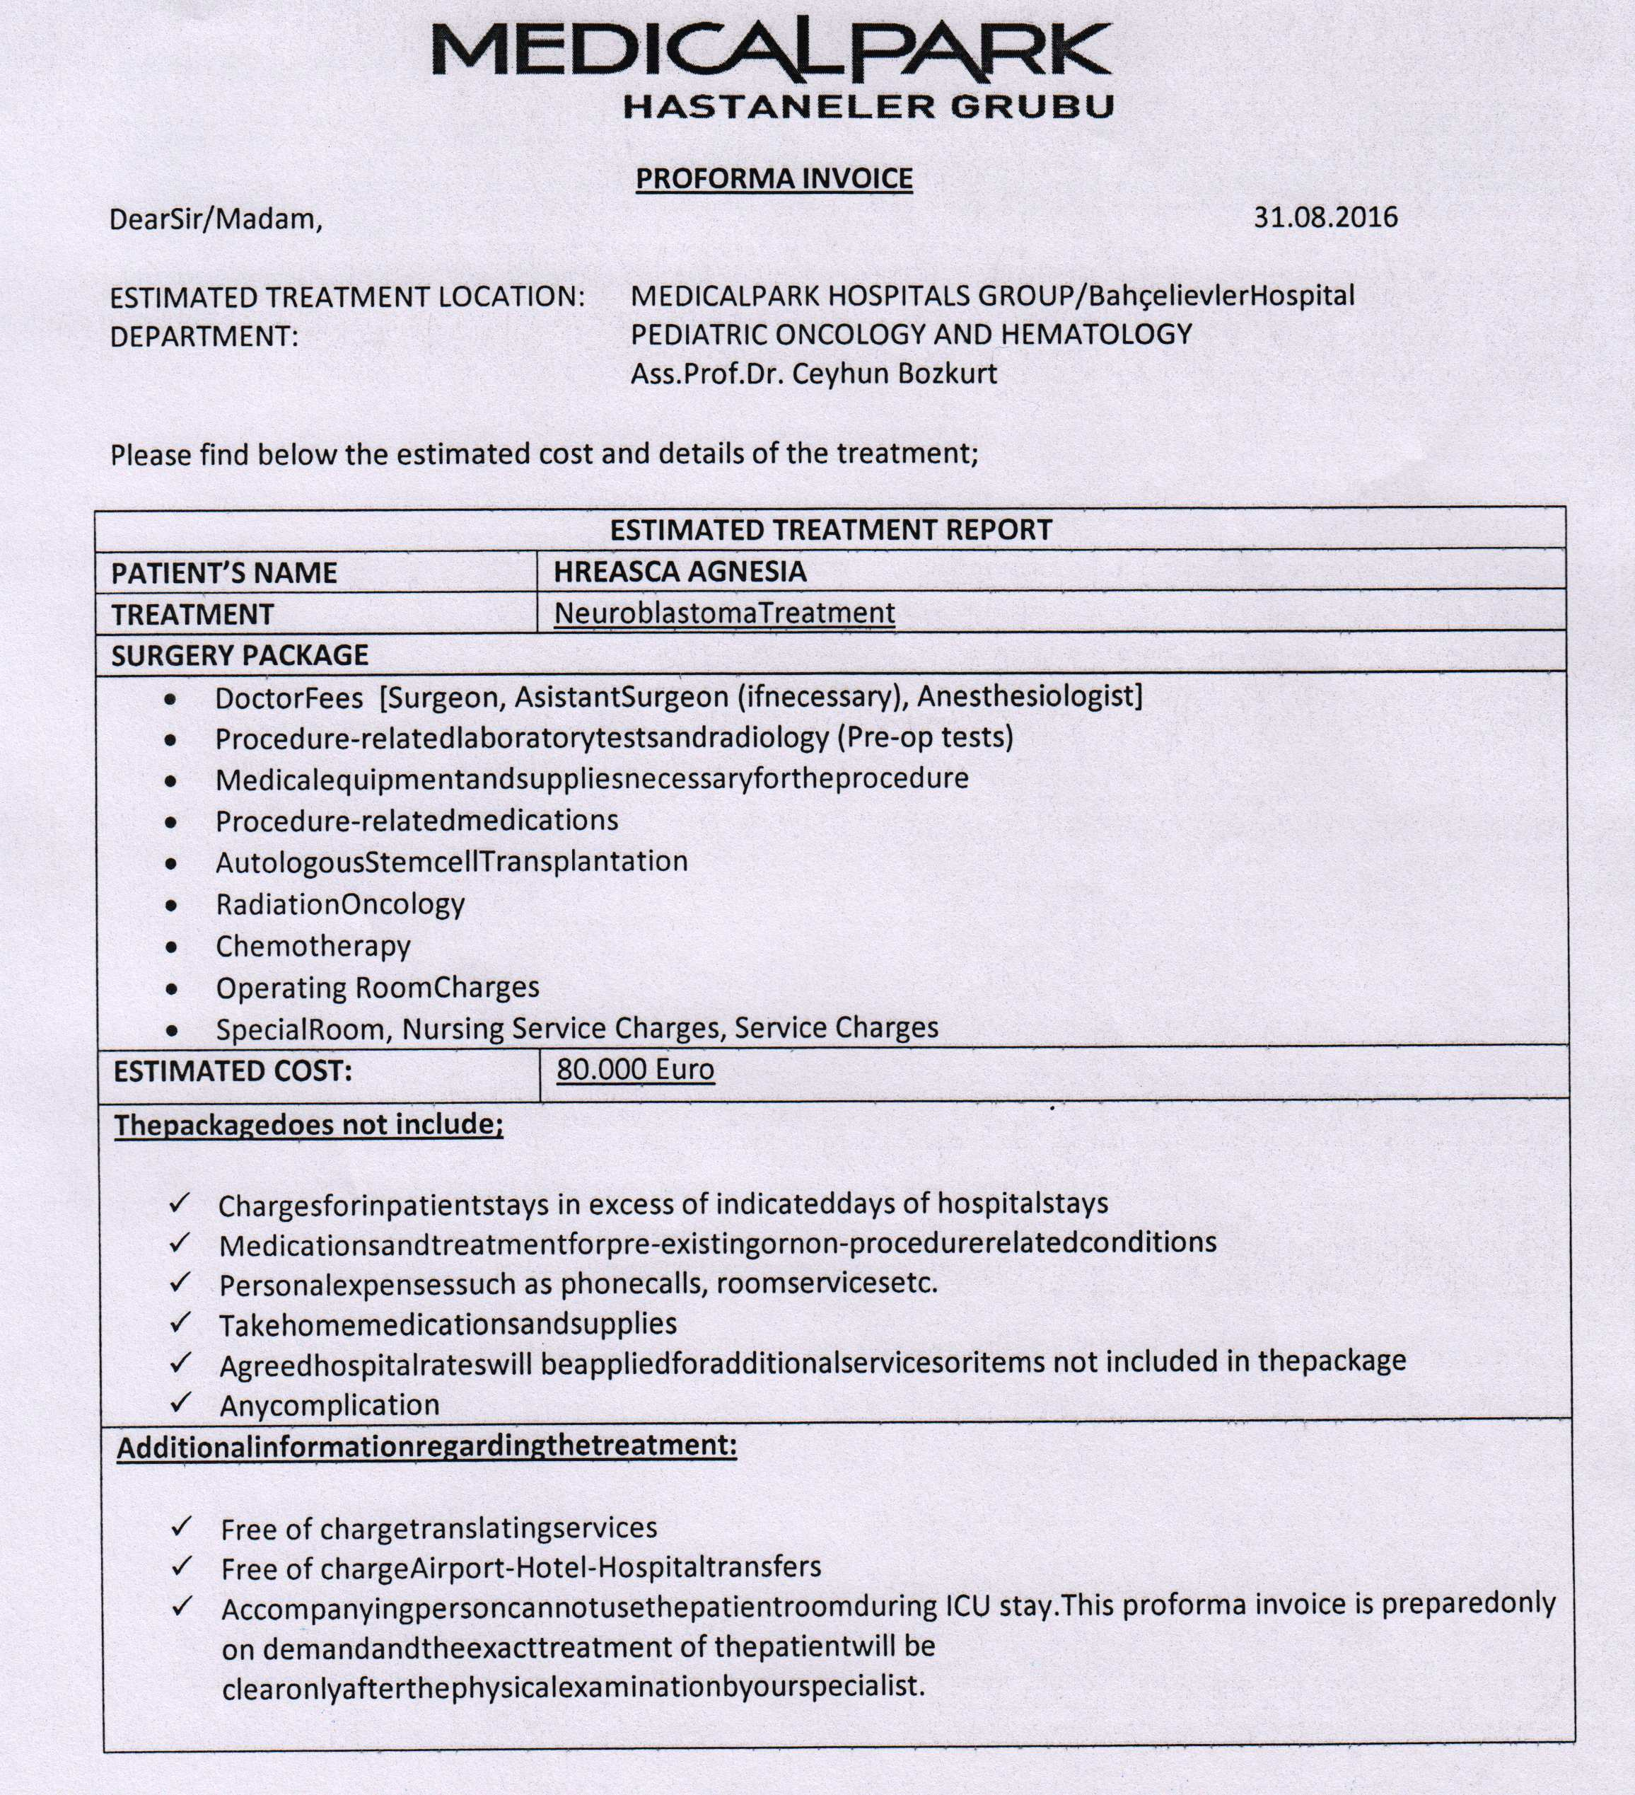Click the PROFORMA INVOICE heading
pyautogui.click(x=774, y=179)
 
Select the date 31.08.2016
pyautogui.click(x=1325, y=217)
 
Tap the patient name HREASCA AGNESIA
pyautogui.click(x=680, y=572)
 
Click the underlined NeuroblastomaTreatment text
pyautogui.click(x=723, y=613)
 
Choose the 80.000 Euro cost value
pyautogui.click(x=634, y=1069)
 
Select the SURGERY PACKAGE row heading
pyautogui.click(x=240, y=655)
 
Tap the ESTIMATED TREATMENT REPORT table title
pyautogui.click(x=830, y=531)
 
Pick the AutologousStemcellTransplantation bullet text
pyautogui.click(x=451, y=862)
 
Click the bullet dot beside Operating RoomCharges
pyautogui.click(x=172, y=989)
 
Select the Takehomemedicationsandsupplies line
pyautogui.click(x=448, y=1324)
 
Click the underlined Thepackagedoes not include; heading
pyautogui.click(x=308, y=1124)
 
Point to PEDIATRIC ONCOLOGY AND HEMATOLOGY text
pyautogui.click(x=911, y=335)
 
